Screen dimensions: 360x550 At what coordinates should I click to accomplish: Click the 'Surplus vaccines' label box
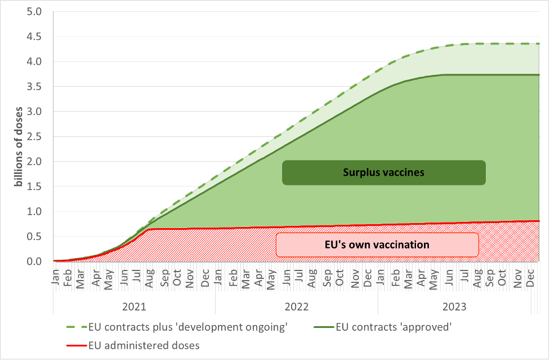[383, 172]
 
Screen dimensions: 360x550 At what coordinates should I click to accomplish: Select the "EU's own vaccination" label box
[377, 245]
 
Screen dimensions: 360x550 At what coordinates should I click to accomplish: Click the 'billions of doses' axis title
[19, 146]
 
